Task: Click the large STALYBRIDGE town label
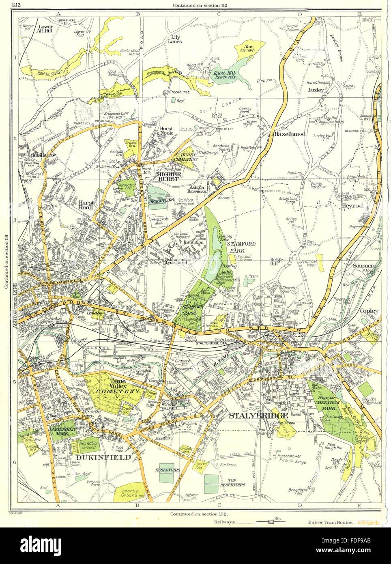(x=258, y=416)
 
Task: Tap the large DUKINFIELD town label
(x=103, y=457)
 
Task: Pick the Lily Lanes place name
(x=175, y=39)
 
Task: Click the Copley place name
(x=369, y=311)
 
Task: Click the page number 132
(x=17, y=5)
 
